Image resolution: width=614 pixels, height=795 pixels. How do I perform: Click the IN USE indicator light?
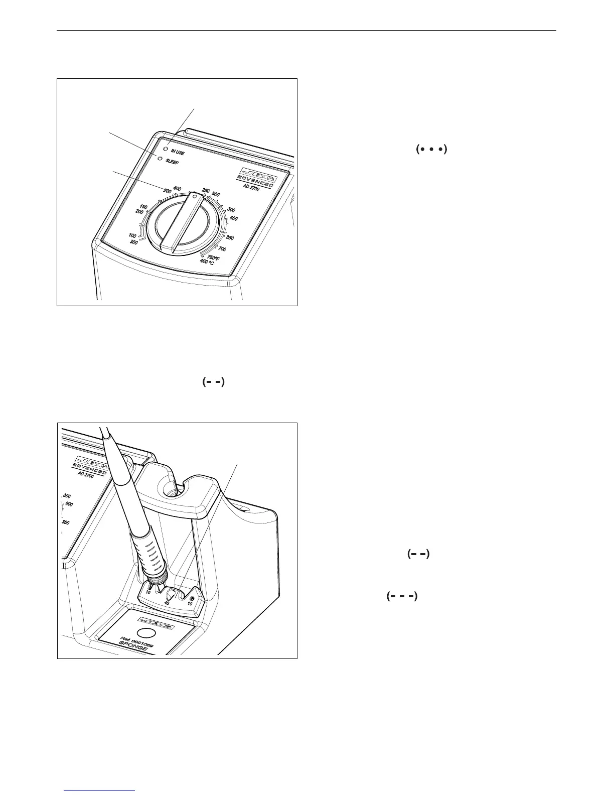coord(166,149)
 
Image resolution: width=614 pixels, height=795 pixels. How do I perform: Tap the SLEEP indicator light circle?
coord(161,159)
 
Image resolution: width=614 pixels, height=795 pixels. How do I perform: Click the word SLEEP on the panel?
coord(172,163)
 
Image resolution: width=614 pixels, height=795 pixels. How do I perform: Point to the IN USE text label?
coord(177,152)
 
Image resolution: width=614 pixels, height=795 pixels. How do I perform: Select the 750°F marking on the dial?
coord(215,257)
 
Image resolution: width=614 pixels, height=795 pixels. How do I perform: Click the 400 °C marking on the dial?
coord(207,262)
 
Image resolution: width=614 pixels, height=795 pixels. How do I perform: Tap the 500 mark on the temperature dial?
coord(216,194)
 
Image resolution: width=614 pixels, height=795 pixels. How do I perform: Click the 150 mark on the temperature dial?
coord(143,207)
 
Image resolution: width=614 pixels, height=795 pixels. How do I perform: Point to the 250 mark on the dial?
coord(206,191)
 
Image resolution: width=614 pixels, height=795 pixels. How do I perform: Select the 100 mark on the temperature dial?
coord(132,235)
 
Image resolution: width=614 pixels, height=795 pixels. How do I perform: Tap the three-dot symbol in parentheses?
coord(431,149)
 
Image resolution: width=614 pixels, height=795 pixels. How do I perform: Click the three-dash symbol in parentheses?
coord(402,596)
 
